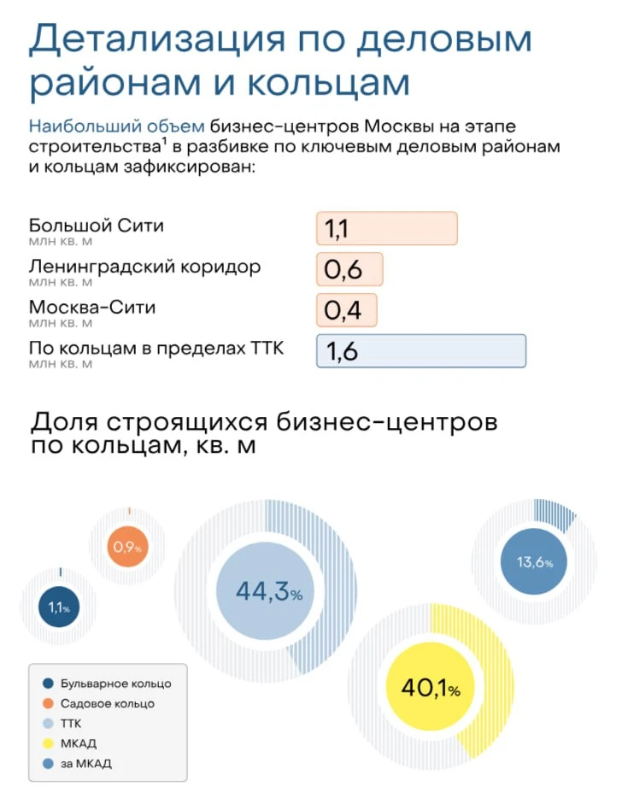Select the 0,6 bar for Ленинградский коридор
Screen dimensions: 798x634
click(349, 269)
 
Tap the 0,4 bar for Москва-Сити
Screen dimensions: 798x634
click(346, 309)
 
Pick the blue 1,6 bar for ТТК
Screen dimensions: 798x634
click(420, 351)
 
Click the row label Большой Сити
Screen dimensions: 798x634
click(96, 226)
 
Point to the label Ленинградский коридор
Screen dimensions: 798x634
click(144, 267)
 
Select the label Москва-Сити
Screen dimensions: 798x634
click(92, 307)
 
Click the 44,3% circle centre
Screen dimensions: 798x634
click(269, 591)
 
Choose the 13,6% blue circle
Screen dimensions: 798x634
click(535, 562)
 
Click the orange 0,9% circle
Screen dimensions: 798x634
click(127, 547)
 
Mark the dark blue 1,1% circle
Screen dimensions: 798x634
click(59, 608)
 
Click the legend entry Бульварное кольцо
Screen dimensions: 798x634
click(115, 684)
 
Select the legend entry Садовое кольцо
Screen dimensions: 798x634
click(107, 703)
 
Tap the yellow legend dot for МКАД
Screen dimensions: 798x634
click(47, 743)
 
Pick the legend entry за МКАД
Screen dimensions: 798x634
click(85, 763)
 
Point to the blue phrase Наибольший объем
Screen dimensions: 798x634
click(116, 127)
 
